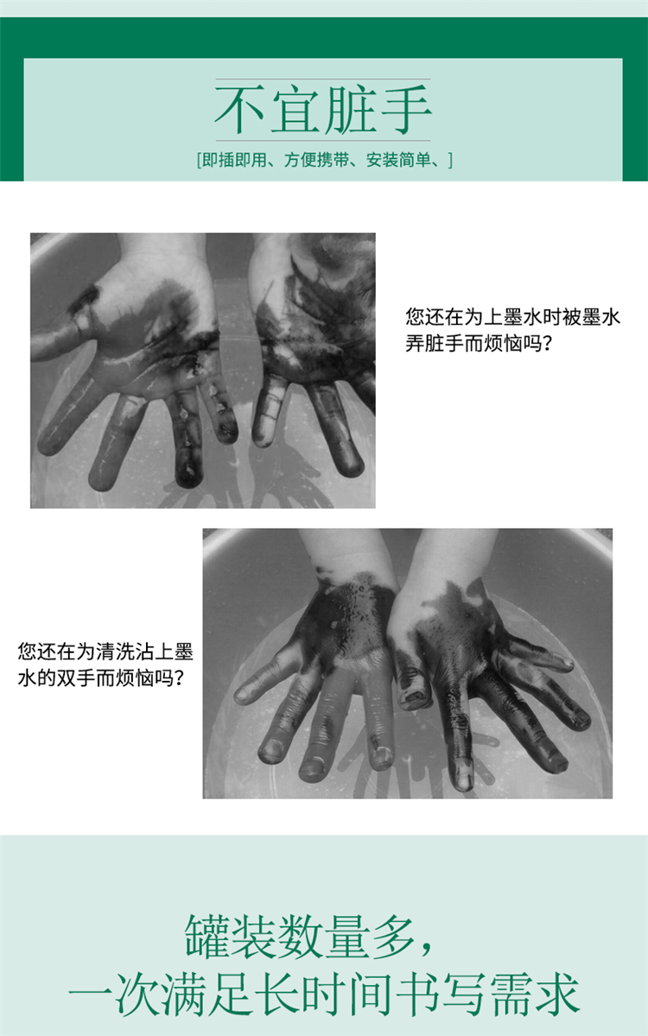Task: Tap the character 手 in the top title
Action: (405, 109)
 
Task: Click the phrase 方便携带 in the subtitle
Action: (316, 160)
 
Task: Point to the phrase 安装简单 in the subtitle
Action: (398, 160)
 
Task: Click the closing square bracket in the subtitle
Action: (450, 160)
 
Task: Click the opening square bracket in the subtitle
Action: (199, 160)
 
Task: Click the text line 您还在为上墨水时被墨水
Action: (513, 317)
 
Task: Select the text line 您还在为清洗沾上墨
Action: (105, 651)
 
